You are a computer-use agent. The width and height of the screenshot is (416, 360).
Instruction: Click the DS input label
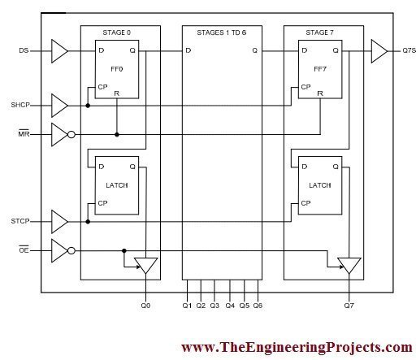24,50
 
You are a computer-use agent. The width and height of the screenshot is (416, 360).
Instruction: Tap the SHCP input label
20,105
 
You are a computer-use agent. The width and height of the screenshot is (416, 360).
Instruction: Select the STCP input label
20,221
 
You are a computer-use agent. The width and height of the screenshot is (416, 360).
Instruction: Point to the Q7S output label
409,50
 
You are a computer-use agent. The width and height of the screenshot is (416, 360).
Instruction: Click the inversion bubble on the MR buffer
71,134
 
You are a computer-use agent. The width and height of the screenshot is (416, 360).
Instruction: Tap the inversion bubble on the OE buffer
71,251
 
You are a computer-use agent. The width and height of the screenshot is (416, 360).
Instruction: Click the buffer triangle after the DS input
59,51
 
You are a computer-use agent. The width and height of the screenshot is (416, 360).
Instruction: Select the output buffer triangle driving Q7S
379,51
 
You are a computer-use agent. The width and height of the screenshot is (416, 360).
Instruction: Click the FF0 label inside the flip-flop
117,69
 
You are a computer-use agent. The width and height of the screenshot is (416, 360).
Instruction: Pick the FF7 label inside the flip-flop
320,69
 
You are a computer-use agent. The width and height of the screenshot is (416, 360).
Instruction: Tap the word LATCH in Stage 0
117,185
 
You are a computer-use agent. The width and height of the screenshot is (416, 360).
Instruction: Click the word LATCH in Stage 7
320,185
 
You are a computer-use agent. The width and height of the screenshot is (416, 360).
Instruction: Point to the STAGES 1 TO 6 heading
222,33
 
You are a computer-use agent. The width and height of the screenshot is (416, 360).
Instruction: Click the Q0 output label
145,306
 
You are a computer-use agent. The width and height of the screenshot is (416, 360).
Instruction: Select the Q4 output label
230,306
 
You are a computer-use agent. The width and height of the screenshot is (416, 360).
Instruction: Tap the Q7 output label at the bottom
349,306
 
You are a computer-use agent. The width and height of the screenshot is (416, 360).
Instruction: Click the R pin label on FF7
320,93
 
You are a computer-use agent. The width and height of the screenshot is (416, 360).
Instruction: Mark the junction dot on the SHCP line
88,106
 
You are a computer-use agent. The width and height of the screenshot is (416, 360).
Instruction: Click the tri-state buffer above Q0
146,265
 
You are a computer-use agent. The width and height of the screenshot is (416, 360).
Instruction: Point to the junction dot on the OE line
124,251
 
